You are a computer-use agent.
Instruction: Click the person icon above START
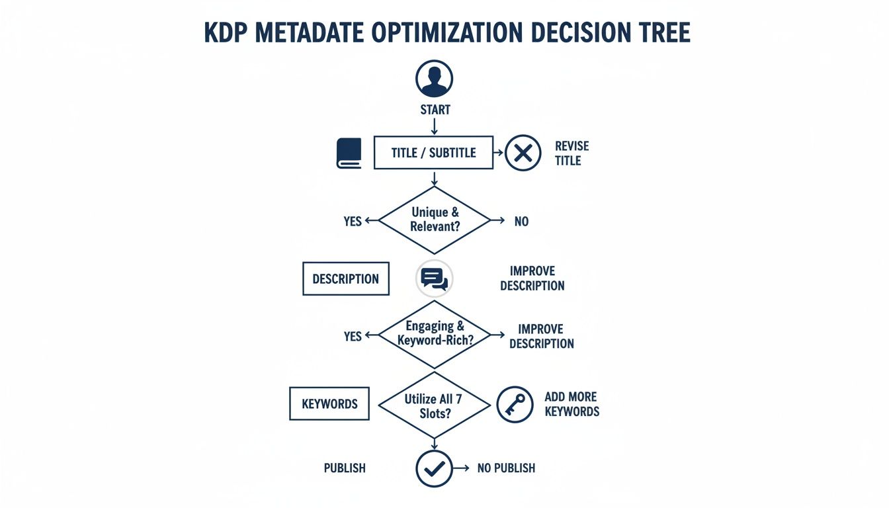434,78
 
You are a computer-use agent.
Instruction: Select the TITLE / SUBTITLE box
433,153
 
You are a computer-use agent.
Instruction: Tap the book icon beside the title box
349,153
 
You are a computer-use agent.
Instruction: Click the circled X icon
523,153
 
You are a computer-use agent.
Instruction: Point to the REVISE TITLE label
571,153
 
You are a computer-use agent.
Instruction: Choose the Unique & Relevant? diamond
434,220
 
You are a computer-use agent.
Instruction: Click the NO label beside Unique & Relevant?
521,222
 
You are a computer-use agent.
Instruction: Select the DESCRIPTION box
345,278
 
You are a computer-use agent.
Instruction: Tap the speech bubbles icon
434,278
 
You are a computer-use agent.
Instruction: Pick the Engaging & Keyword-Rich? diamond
434,334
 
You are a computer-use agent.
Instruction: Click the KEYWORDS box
329,403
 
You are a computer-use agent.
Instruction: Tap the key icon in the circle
514,404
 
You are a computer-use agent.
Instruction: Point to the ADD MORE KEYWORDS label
571,404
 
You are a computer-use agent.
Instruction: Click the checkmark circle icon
434,468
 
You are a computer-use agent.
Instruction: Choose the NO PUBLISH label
506,468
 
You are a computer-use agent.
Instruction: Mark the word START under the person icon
435,110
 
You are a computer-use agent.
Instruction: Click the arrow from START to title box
434,126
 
